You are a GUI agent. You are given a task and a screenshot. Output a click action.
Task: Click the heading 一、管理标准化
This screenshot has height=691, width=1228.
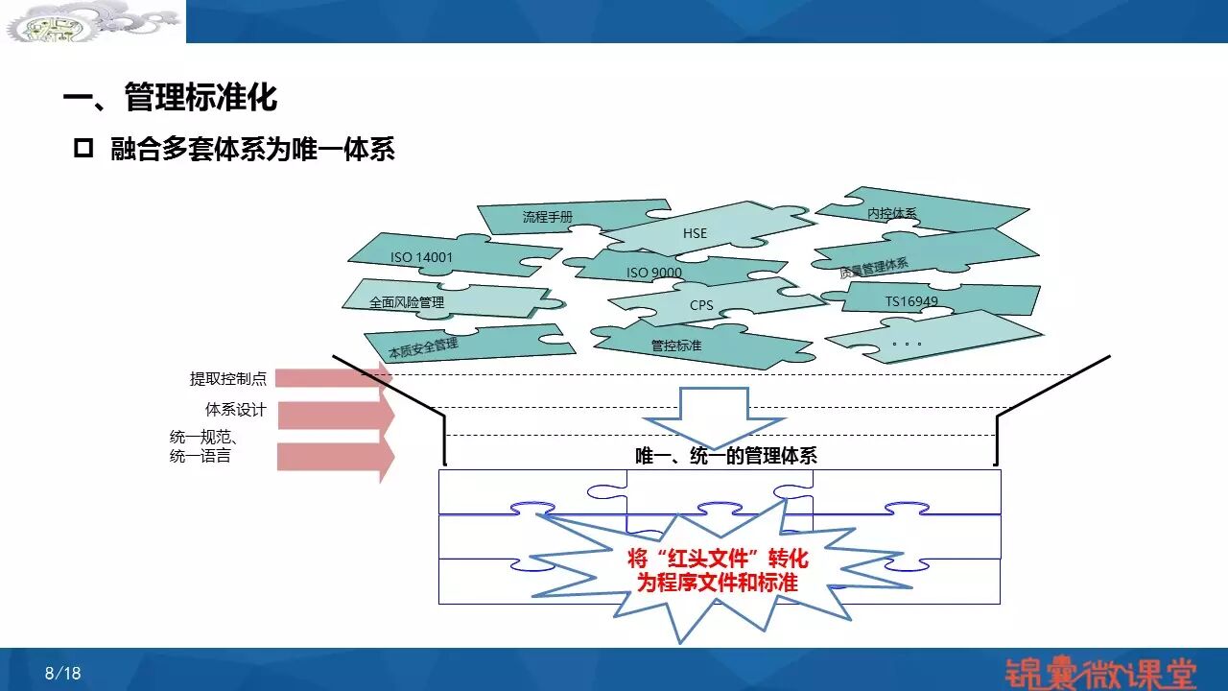coord(170,98)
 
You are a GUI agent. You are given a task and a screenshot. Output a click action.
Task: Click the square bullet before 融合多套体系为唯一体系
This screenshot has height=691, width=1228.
coord(83,150)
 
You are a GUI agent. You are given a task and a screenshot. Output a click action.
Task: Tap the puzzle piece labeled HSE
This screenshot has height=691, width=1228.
coord(695,233)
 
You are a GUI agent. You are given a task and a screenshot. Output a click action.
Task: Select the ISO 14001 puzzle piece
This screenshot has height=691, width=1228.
coord(422,257)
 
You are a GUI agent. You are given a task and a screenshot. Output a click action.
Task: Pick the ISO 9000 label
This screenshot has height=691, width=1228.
coord(654,273)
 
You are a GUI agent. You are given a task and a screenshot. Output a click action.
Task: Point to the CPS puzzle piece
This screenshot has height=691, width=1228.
coord(701,306)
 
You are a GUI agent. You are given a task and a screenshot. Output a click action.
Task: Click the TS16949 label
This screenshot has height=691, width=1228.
coord(911,301)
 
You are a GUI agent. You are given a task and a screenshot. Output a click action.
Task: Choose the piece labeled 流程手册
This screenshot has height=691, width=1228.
coord(548,217)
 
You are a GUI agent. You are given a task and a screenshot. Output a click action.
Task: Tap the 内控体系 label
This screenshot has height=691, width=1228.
coord(892,213)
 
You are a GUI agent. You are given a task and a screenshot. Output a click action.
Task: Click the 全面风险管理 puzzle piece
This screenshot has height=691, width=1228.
coord(408,302)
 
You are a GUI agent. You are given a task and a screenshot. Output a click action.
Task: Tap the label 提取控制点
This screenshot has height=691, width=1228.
coord(228,379)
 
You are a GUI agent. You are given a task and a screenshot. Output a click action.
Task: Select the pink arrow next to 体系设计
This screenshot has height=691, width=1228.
coord(336,415)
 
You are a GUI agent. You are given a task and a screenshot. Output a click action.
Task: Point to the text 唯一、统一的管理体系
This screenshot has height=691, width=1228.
coord(726,457)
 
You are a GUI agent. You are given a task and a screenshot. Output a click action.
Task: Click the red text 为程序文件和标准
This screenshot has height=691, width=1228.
coord(718,582)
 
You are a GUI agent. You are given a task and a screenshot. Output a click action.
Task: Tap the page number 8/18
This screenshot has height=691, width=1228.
coord(63,673)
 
